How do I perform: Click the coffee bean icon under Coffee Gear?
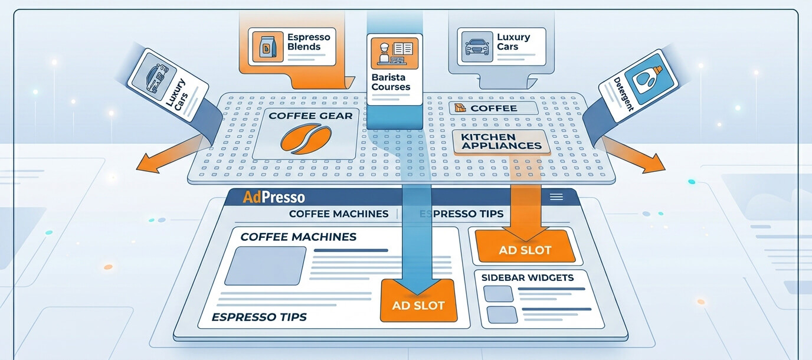[306, 140]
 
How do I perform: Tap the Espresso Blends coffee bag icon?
[268, 47]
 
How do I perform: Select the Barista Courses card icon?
[394, 53]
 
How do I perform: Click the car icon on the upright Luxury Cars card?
[477, 47]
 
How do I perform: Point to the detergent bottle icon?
[651, 79]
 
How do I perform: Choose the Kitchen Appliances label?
[502, 142]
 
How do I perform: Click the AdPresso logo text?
[274, 197]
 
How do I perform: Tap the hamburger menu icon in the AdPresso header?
[556, 197]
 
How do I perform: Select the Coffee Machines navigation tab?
[339, 214]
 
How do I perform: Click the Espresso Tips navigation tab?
[461, 214]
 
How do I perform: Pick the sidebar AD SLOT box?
[525, 246]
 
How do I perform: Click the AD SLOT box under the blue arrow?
[418, 300]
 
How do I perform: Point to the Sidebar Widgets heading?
[528, 278]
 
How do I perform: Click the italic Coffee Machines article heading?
[299, 237]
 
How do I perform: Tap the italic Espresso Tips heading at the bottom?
[259, 318]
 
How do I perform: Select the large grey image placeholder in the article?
[266, 266]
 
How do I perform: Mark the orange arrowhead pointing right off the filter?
[654, 163]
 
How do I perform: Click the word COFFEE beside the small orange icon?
[494, 109]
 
